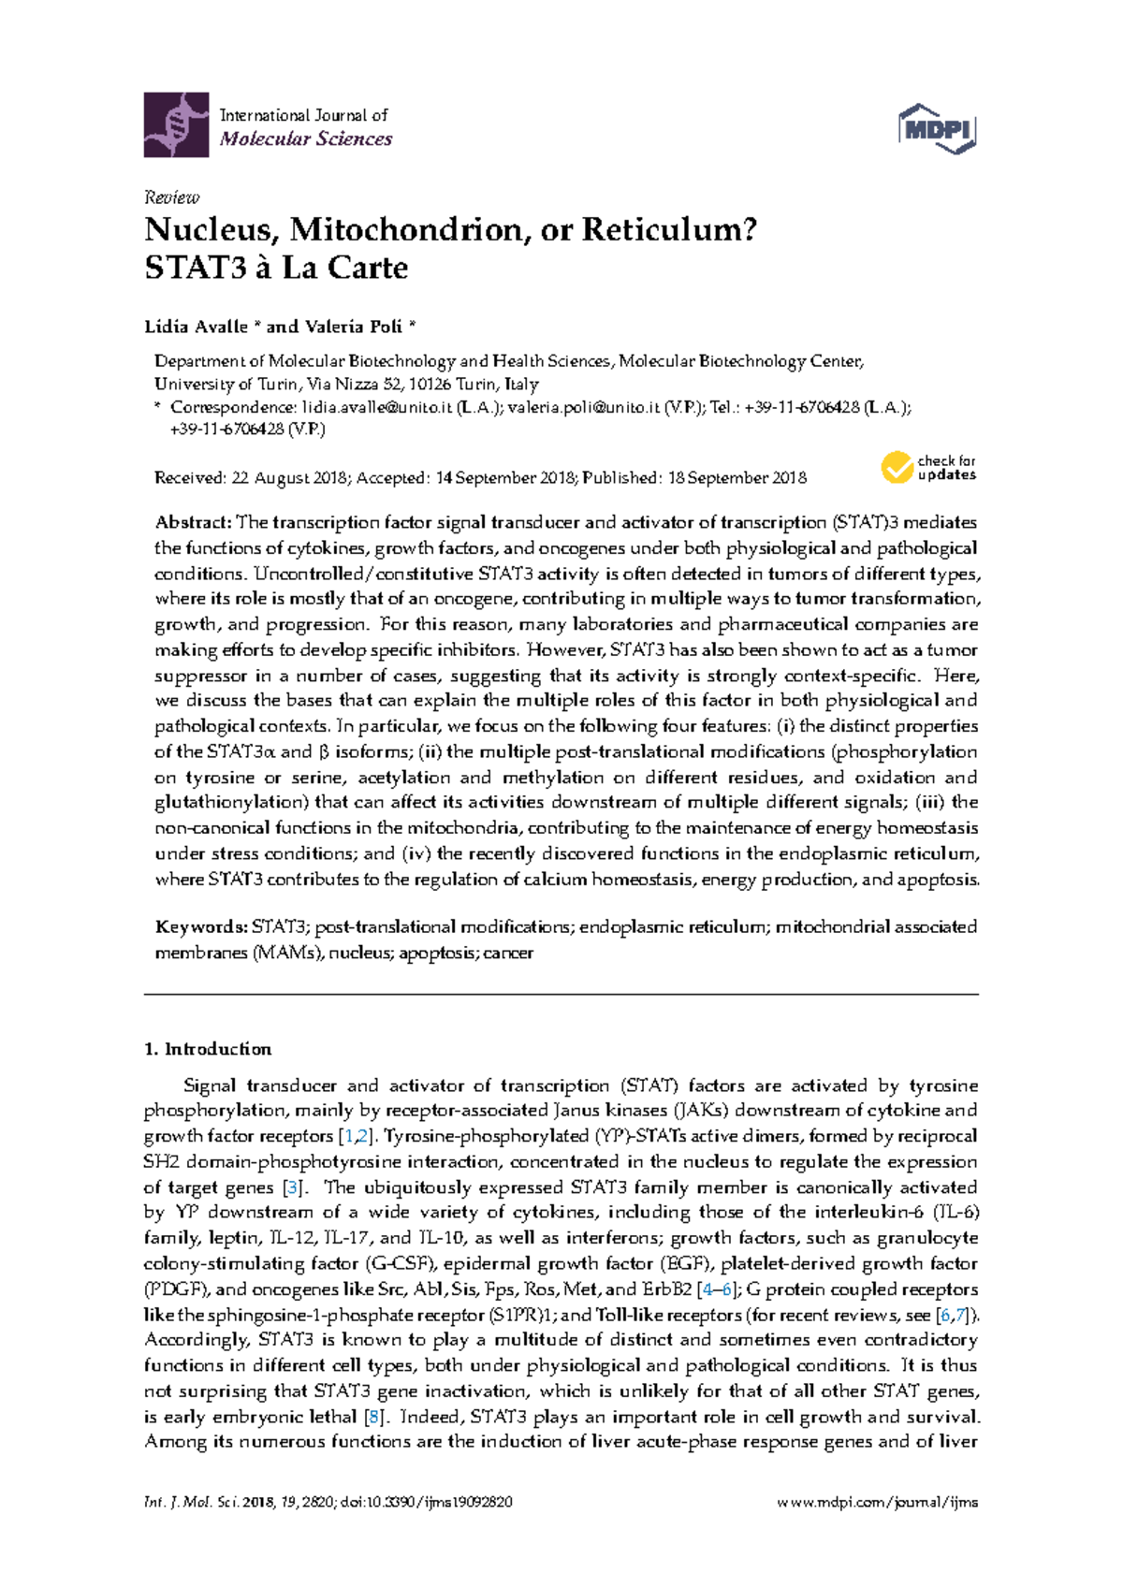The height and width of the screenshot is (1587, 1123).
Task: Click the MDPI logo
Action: (x=937, y=128)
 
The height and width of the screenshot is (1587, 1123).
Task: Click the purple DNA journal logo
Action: (x=176, y=124)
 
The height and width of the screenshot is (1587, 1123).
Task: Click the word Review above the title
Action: (x=171, y=197)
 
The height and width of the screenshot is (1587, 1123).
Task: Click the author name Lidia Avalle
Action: (x=196, y=327)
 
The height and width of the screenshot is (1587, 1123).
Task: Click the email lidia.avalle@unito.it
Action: (x=377, y=407)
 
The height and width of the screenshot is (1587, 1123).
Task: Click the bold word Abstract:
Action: (x=193, y=522)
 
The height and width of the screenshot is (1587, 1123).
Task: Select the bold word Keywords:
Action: (x=200, y=927)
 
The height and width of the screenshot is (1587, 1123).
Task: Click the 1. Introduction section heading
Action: (x=208, y=1049)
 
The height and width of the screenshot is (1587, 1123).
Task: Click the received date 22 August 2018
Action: (x=289, y=478)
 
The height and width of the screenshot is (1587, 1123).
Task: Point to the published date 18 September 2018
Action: (x=737, y=478)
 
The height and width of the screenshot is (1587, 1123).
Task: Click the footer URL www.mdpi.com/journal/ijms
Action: (x=878, y=1503)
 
